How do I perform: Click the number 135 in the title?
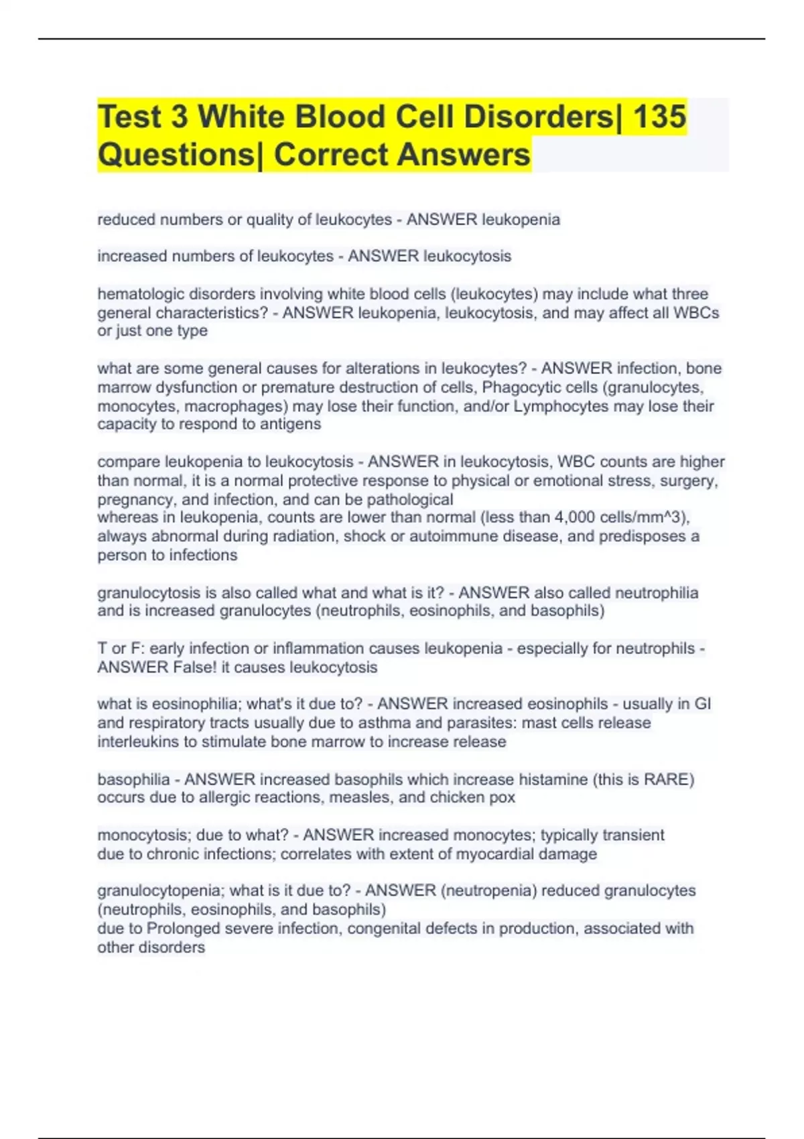659,116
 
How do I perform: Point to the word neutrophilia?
657,593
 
